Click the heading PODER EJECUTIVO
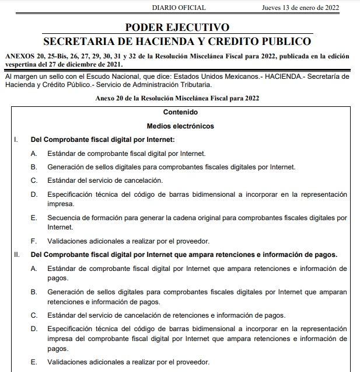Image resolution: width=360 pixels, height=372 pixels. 177,27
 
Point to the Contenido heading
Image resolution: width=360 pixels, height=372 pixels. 180,112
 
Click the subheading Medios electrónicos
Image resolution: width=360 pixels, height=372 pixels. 180,126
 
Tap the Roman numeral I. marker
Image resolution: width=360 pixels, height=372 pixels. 16,140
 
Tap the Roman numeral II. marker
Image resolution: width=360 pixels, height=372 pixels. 17,255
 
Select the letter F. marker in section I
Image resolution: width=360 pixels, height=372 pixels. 34,241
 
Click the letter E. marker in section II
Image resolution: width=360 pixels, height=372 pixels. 34,362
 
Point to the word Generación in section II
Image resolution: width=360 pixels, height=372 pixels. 67,292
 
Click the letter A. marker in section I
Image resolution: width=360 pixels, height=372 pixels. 34,153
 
